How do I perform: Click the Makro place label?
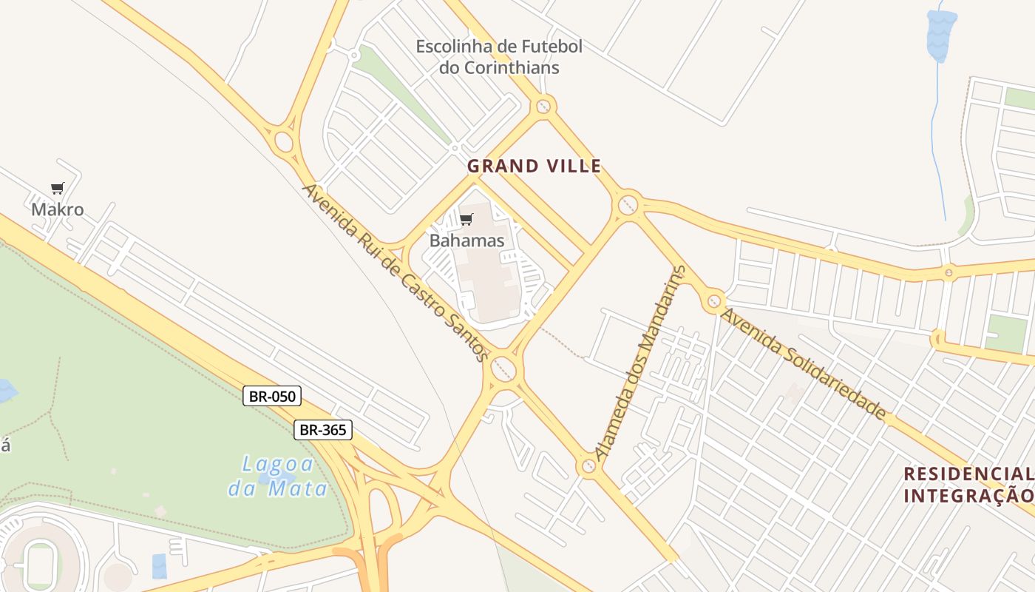57,209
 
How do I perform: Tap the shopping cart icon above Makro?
57,188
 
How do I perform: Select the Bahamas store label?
466,240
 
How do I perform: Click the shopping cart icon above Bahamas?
466,219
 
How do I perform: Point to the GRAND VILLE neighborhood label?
534,166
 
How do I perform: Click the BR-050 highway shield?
272,396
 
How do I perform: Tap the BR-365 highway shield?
323,429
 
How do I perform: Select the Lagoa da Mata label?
277,476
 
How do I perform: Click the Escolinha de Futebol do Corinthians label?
498,57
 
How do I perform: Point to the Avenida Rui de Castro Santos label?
396,272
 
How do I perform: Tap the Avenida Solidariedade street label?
803,363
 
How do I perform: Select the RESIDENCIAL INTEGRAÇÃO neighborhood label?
967,485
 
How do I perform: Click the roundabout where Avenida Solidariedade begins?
713,301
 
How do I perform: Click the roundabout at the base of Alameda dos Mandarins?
588,466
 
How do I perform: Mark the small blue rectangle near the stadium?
160,566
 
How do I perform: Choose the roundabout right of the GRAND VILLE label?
628,203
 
